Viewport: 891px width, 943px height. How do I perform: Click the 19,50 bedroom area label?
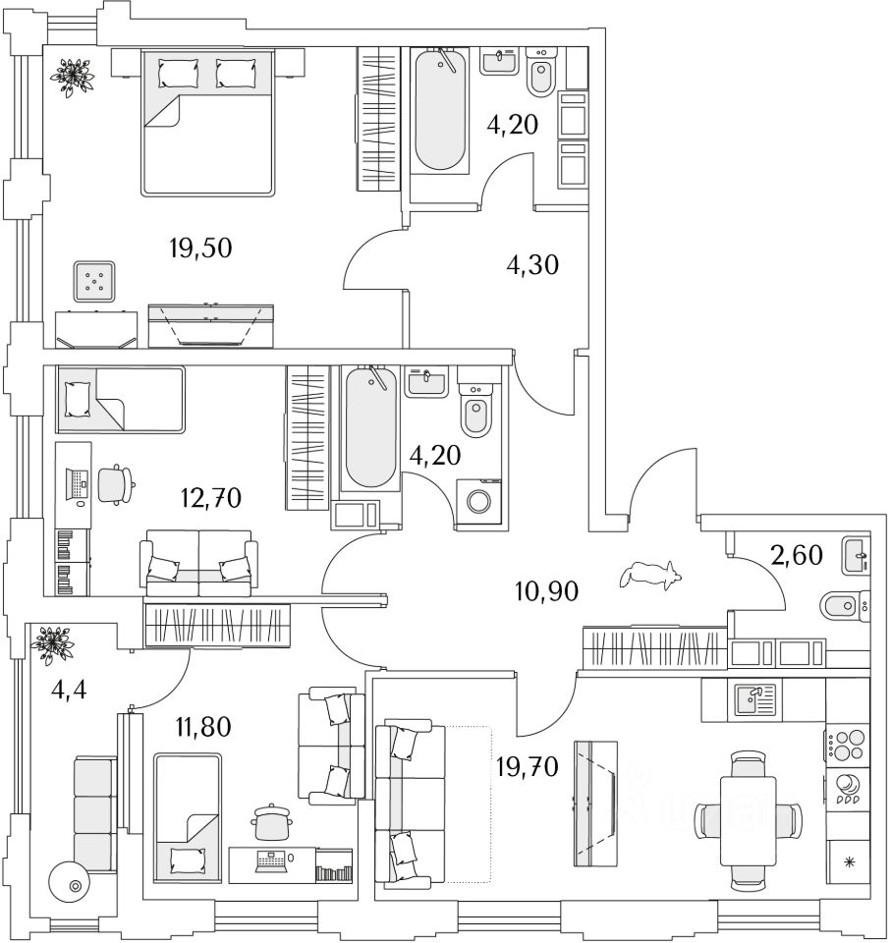[199, 248]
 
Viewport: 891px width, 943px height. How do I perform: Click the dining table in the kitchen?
[749, 818]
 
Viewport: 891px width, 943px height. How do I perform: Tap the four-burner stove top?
[847, 743]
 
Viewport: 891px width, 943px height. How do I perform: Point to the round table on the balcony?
[75, 885]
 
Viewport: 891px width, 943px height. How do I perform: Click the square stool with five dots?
[94, 282]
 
